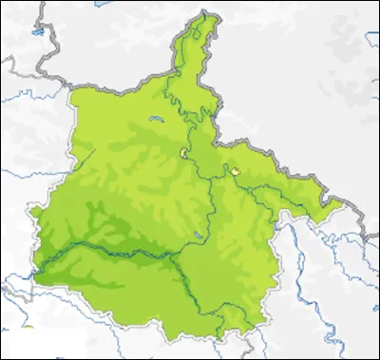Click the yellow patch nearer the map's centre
coord(182,152)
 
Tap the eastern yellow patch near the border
coord(235,170)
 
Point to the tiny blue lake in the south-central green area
coord(197,234)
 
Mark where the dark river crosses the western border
coord(35,275)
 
